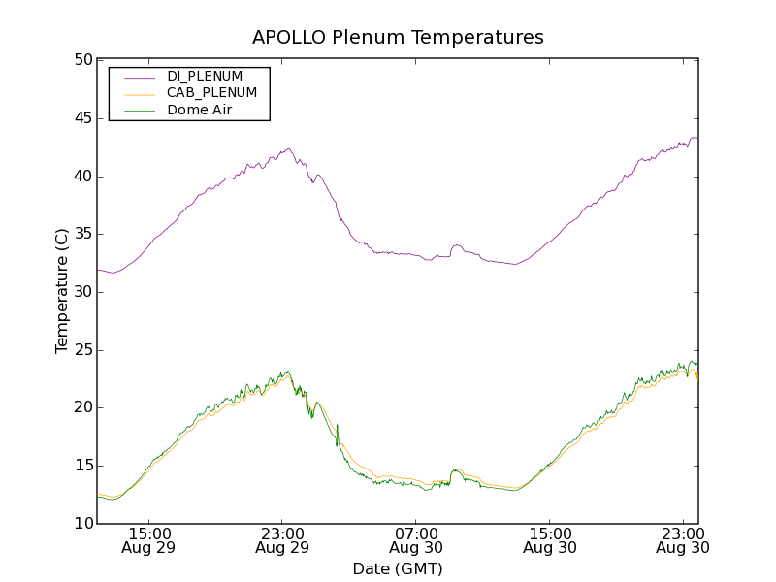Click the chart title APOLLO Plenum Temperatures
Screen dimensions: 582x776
(398, 38)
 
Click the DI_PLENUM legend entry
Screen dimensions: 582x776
(204, 76)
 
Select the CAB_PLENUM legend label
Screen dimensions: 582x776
(211, 93)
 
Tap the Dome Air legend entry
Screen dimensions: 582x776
(200, 111)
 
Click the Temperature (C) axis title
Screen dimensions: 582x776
(62, 291)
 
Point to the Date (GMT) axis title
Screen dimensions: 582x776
(398, 569)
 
